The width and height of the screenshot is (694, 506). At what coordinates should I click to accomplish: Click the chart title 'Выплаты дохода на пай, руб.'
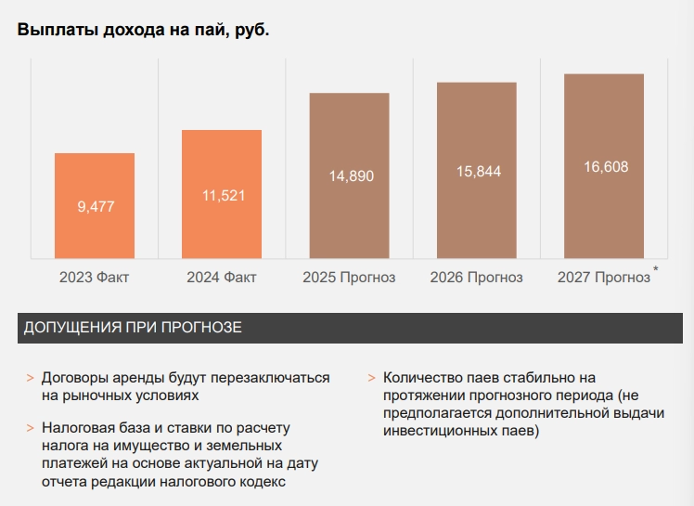coord(143,30)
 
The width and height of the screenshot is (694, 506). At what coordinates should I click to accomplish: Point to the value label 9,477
coord(96,206)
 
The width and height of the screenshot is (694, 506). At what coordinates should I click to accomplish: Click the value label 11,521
coord(223,195)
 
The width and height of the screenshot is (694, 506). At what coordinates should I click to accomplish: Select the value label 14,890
coord(350,176)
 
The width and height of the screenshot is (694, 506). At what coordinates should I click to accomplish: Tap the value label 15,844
coord(477,171)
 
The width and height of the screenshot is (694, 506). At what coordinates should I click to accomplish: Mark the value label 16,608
coord(605,167)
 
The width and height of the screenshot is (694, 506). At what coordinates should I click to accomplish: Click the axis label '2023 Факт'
coord(94,278)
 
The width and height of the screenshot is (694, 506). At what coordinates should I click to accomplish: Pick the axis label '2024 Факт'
coord(221,278)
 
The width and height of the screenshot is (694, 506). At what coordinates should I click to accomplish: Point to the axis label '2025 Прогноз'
coord(349,278)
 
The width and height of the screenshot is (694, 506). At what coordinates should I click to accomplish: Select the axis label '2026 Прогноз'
coord(476,278)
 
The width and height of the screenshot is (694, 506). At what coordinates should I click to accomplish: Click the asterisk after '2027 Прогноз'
coord(656,270)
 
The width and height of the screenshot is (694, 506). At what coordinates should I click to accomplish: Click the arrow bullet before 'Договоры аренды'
coord(31,379)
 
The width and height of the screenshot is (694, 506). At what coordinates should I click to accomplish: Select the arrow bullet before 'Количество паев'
coord(371,379)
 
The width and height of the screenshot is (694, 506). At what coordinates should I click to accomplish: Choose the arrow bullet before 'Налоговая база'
coord(31,429)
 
